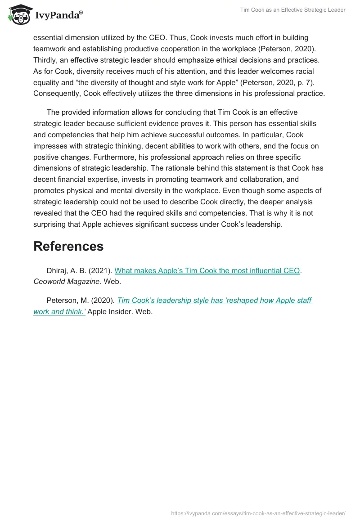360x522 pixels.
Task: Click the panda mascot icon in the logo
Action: pos(18,15)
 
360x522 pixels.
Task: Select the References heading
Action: pos(68,246)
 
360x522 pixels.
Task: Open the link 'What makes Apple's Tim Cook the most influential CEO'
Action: pos(207,270)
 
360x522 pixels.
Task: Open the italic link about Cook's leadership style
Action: pos(215,300)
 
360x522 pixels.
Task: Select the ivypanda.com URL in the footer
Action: pos(258,513)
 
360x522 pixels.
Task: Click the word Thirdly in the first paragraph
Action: pos(47,60)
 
